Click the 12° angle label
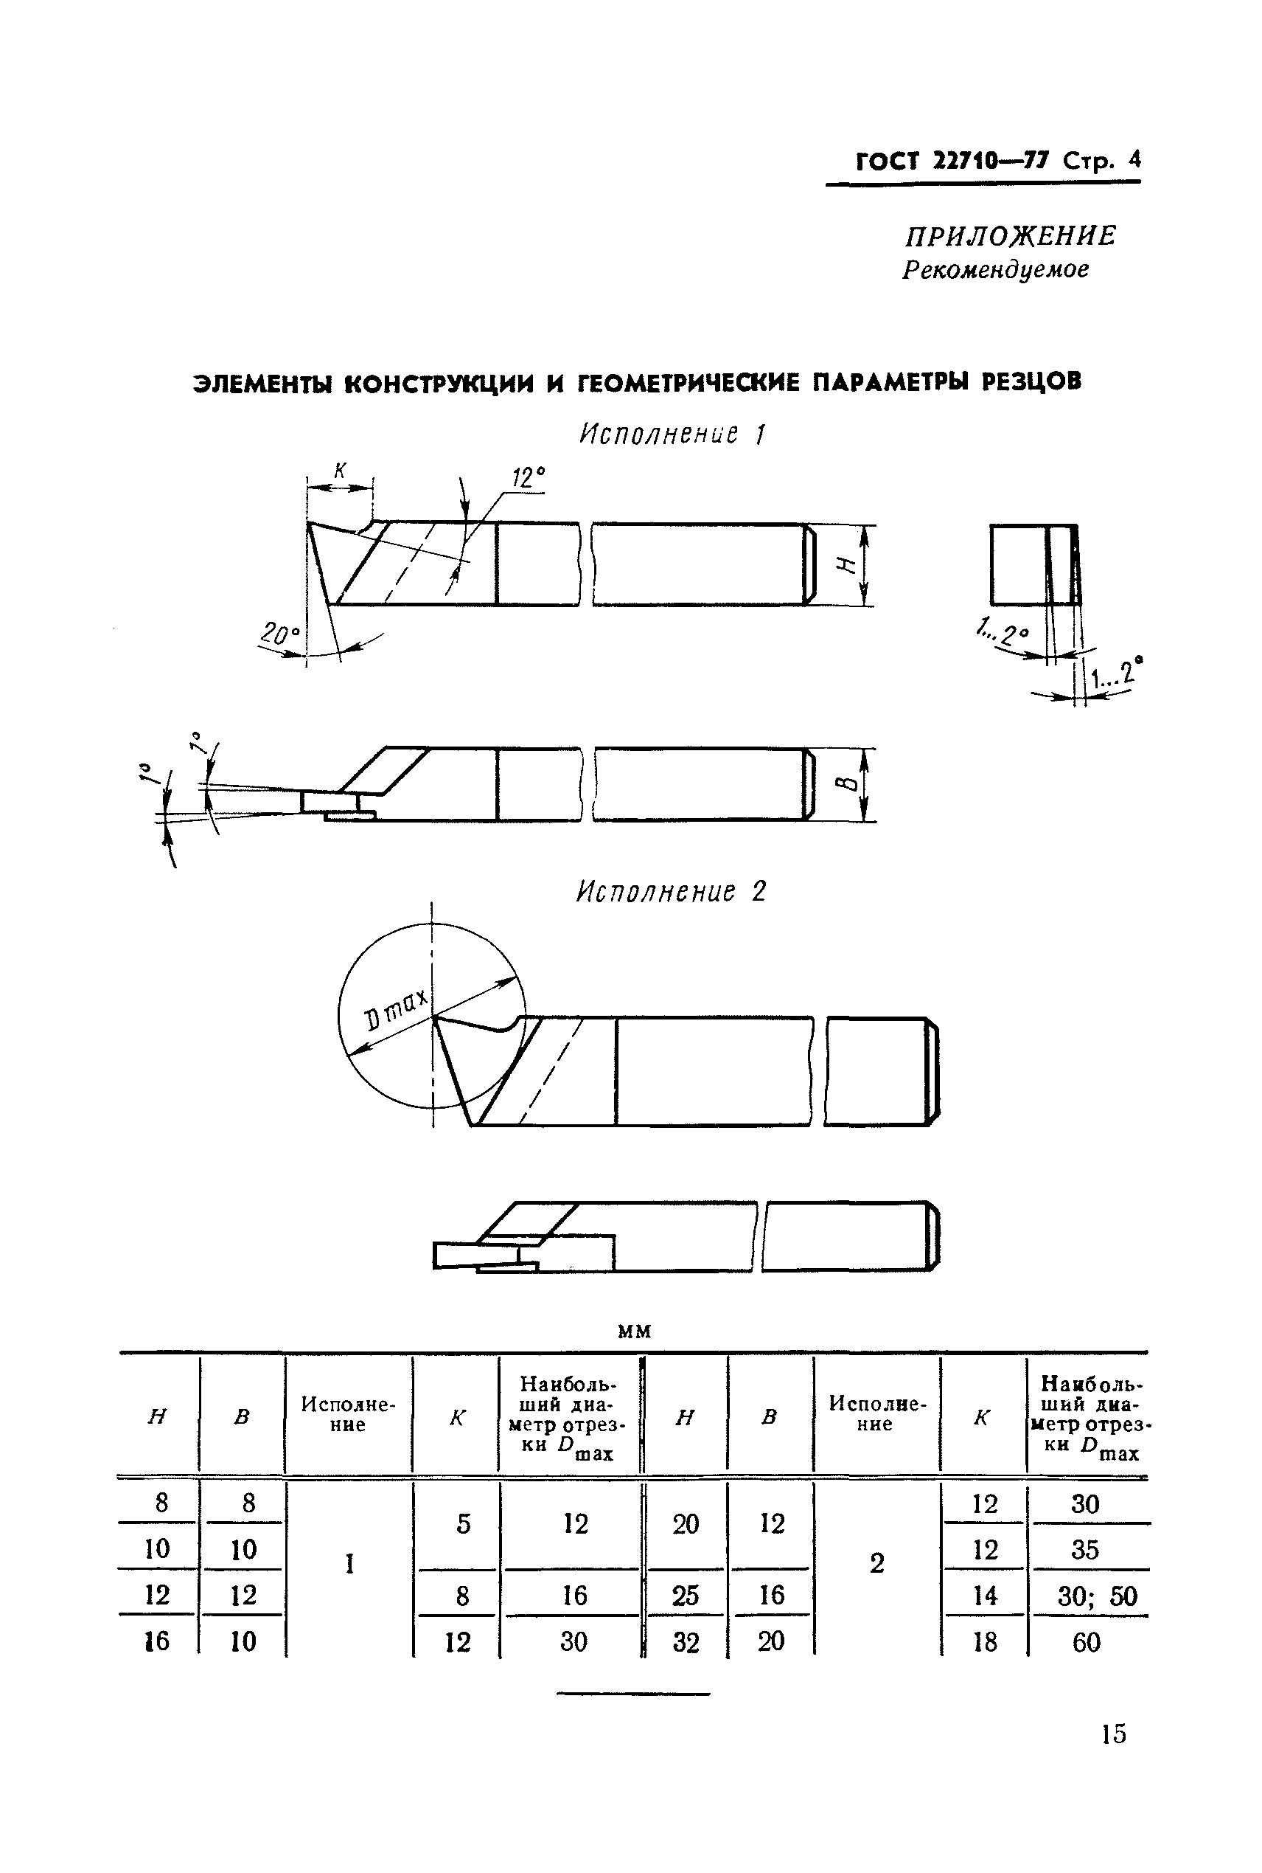(528, 478)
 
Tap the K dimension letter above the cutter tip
(341, 471)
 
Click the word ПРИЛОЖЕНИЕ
(1010, 237)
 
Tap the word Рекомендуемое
(996, 270)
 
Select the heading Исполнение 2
(672, 892)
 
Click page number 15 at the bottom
(1113, 1733)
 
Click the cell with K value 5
(464, 1524)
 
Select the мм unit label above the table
(634, 1332)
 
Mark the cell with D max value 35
(1085, 1550)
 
